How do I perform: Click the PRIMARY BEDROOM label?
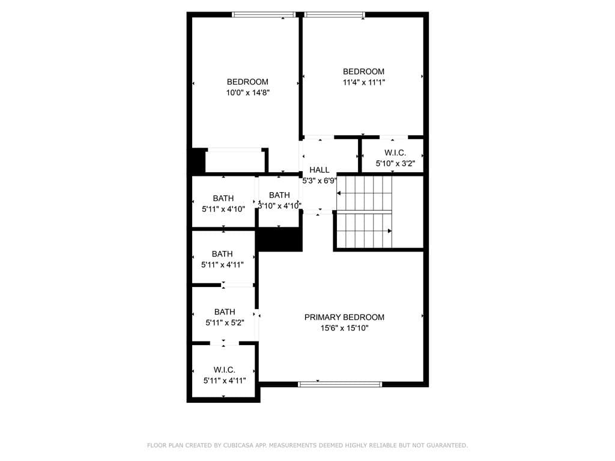[344, 317]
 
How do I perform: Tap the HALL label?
[319, 170]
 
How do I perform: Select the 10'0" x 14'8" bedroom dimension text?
[247, 92]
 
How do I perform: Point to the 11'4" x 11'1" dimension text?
[363, 82]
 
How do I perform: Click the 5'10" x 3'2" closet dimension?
[395, 163]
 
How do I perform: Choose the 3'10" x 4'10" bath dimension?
[279, 205]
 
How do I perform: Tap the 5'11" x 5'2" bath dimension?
[224, 322]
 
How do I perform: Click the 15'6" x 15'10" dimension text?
[344, 328]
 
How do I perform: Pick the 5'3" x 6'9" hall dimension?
[319, 180]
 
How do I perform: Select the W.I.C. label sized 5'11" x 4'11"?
[224, 370]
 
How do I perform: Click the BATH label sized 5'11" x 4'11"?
[222, 254]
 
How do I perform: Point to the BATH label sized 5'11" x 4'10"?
[223, 198]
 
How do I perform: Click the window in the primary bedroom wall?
[340, 384]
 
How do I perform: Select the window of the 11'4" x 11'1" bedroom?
[334, 15]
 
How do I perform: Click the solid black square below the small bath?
[279, 240]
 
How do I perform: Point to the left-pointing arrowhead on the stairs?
[339, 193]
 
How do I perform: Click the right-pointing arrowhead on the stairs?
[390, 230]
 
